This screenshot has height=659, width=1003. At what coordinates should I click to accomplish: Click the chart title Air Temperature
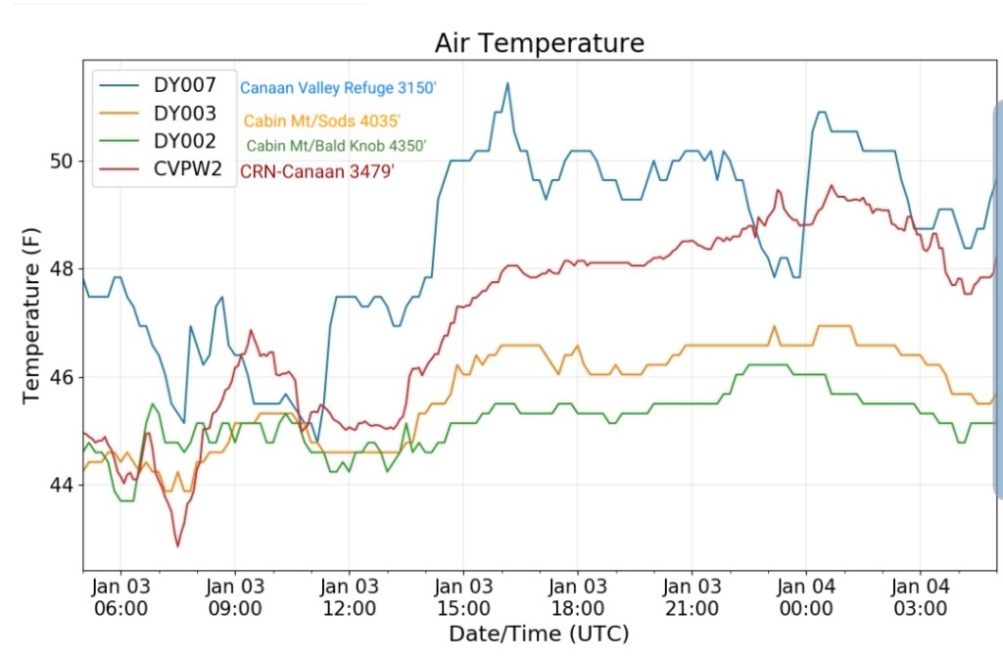click(540, 43)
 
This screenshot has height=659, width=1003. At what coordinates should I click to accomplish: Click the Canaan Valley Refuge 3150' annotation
click(338, 88)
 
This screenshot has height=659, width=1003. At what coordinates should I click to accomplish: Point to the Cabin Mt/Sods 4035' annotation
click(322, 121)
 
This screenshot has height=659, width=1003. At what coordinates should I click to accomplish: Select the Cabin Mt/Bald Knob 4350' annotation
click(336, 146)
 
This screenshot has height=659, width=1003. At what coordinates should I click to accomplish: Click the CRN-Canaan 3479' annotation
click(323, 171)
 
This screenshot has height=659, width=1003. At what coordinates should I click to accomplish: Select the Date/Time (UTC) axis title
click(539, 634)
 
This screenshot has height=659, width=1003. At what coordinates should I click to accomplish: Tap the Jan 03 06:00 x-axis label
click(120, 596)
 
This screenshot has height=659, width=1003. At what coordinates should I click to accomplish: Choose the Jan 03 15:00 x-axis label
click(463, 596)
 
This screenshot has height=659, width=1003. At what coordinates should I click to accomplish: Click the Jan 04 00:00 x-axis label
click(806, 596)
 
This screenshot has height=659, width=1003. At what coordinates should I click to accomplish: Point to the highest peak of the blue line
click(507, 82)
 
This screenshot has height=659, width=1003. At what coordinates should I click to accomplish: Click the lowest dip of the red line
click(177, 546)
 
